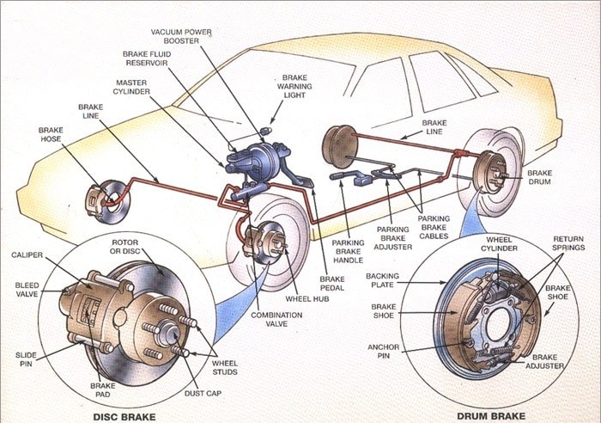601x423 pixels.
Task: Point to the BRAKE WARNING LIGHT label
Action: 294,86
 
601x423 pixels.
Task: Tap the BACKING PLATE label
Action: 382,282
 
